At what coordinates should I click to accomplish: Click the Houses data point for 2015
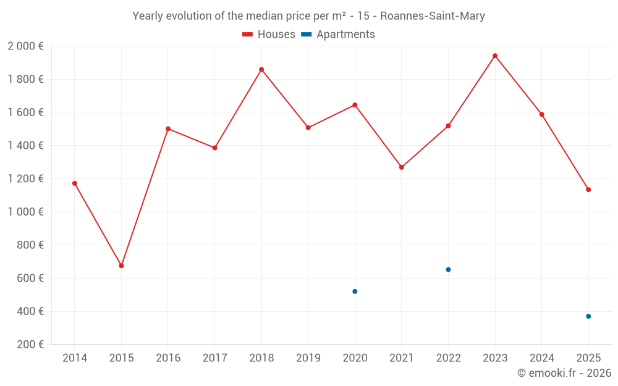(121, 266)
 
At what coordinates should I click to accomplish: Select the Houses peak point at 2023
(495, 56)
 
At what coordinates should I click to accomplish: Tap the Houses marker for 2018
(261, 69)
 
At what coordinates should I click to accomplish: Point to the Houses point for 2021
(402, 167)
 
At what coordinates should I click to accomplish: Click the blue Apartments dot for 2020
(355, 292)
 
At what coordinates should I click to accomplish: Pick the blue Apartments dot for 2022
(448, 269)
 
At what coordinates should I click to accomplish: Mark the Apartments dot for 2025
(588, 316)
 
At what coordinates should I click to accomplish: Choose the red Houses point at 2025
(588, 190)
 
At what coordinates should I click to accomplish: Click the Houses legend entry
(269, 35)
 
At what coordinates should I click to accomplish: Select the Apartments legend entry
(338, 35)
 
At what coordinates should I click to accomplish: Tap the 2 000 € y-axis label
(25, 46)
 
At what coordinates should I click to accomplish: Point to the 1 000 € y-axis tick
(25, 212)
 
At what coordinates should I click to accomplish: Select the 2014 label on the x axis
(75, 358)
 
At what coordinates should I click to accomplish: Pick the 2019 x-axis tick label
(308, 358)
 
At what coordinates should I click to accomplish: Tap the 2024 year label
(542, 358)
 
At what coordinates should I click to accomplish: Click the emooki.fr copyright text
(564, 373)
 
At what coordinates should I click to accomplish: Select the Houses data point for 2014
(75, 183)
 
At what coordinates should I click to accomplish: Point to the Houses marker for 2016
(168, 129)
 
